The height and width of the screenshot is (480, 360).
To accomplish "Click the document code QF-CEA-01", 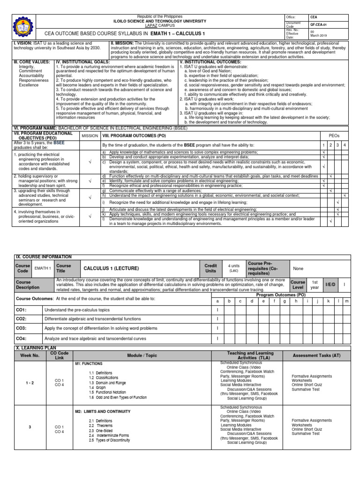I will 318,24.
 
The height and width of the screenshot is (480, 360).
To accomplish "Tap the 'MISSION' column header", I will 90,135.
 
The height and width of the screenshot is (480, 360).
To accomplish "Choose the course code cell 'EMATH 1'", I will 43,268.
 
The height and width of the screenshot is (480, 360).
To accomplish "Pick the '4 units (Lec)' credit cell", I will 234,268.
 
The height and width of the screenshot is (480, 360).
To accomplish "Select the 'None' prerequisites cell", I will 298,269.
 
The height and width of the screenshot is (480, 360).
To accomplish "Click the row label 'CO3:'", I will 22,329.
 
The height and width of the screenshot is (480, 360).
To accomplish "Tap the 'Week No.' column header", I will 30,355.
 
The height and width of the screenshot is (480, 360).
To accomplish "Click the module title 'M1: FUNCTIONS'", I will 89,364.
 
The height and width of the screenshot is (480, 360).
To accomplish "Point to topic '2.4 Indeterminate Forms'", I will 109,435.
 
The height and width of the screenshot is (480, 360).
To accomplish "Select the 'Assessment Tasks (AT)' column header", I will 317,355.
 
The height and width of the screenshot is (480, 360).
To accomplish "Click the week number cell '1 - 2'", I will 30,383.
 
